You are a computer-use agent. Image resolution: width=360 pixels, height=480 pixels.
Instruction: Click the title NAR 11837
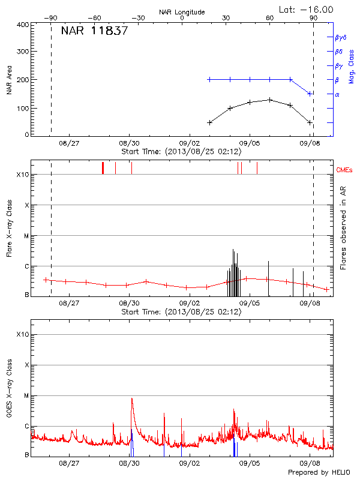point(94,31)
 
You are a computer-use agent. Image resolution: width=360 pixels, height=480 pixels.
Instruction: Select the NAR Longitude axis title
point(182,11)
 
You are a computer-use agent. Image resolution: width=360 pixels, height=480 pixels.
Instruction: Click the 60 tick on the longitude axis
point(270,18)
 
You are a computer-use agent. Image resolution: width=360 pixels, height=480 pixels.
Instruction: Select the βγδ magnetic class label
point(340,37)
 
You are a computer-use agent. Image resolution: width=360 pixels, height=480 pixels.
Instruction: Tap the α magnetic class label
point(337,94)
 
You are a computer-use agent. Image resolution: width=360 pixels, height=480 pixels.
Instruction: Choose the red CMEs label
point(345,170)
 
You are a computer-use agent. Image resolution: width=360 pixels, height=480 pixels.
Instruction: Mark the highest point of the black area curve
point(270,100)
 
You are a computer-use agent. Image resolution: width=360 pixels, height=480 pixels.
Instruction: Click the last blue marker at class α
point(310,94)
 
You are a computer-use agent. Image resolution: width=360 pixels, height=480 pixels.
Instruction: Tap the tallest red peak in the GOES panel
point(131,398)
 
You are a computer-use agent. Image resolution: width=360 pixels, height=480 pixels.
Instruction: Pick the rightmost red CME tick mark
point(257,167)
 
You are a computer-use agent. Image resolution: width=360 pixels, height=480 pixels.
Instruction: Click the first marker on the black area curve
point(209,122)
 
